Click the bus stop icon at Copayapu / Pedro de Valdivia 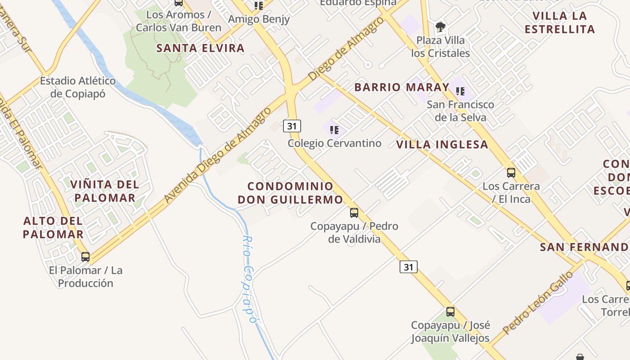click(354, 212)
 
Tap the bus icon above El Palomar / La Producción click(85, 257)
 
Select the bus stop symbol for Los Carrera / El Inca click(511, 172)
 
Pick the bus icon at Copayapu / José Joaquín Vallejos click(450, 311)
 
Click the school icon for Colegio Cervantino click(334, 130)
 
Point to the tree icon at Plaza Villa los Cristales click(441, 27)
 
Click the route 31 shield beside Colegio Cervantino click(292, 126)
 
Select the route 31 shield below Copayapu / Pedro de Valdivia click(408, 267)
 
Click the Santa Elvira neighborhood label click(200, 48)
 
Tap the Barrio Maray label click(402, 87)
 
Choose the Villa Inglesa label click(442, 144)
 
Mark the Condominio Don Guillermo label click(290, 193)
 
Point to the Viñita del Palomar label click(105, 191)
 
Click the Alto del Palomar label click(53, 227)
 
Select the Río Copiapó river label click(249, 279)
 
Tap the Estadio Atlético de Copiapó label click(78, 87)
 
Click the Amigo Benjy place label click(259, 19)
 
